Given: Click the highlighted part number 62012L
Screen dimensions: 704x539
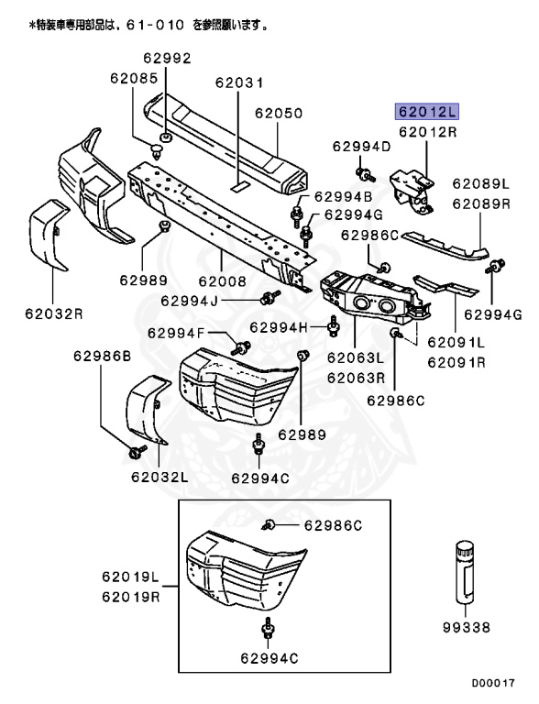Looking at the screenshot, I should [x=426, y=112].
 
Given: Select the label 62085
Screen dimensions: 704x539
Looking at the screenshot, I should [x=134, y=78].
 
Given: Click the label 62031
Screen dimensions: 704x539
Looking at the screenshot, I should [x=240, y=82].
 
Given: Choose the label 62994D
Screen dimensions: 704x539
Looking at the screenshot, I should [x=361, y=146].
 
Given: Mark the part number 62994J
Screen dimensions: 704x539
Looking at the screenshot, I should [x=189, y=300].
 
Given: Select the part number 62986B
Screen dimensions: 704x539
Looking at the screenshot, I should [x=104, y=354].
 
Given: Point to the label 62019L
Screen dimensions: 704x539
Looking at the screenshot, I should [x=130, y=578].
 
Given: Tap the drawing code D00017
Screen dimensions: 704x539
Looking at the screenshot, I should [x=494, y=683].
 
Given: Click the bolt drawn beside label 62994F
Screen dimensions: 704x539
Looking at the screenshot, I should [x=244, y=346].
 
